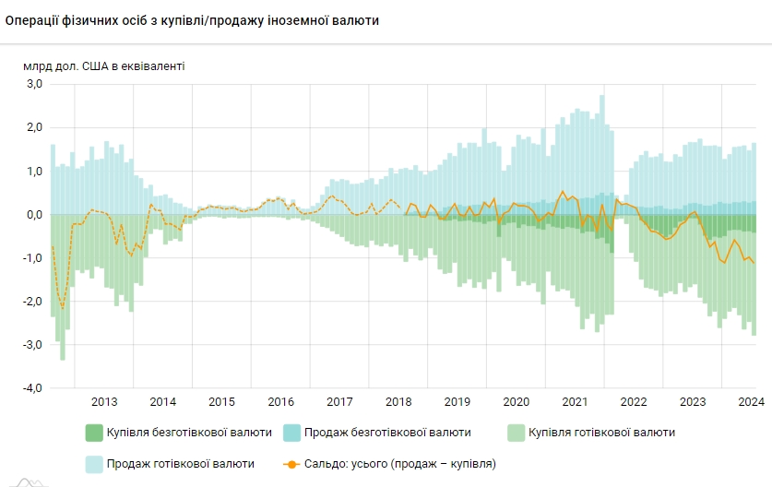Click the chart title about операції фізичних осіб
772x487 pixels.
[192, 20]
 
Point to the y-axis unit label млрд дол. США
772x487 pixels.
[104, 65]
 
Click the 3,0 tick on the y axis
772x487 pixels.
[34, 84]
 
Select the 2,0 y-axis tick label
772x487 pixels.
[34, 127]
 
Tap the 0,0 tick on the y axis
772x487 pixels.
[34, 215]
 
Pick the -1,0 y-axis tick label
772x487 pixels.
[32, 258]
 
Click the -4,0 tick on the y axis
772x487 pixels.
[32, 388]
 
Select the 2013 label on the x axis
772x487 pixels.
[104, 401]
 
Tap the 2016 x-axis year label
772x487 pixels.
[280, 401]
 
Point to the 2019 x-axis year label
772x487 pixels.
[457, 401]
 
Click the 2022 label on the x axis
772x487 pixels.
[634, 401]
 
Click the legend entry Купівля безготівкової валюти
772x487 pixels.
[188, 433]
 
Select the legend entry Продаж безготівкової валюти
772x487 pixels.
[387, 433]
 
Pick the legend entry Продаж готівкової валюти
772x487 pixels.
[180, 464]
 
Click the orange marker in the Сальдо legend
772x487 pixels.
[292, 464]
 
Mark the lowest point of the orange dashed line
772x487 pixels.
[63, 309]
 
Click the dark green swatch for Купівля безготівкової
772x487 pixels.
[94, 433]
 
